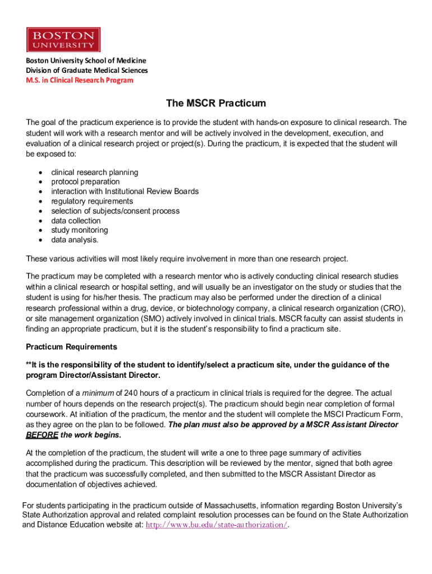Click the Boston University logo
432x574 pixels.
click(63, 39)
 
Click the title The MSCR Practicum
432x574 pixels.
click(215, 104)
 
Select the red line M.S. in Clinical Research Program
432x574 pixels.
click(80, 80)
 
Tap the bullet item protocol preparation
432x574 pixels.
click(85, 182)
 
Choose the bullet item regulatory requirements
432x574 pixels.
click(92, 201)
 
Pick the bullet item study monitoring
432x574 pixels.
click(79, 230)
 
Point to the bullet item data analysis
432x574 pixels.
click(75, 240)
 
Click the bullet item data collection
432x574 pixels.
click(76, 220)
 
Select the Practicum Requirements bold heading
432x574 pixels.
click(71, 346)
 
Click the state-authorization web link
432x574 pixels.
click(216, 525)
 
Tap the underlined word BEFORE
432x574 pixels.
click(42, 434)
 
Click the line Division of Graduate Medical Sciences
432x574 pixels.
click(87, 70)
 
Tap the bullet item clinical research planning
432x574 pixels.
click(94, 172)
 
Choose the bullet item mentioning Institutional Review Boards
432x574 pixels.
click(125, 191)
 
